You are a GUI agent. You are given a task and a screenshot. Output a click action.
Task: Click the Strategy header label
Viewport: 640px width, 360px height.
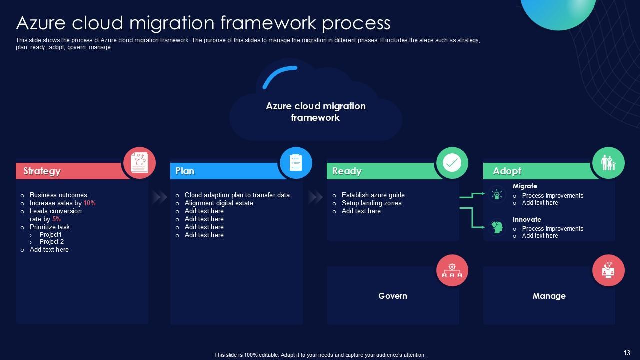[x=42, y=171]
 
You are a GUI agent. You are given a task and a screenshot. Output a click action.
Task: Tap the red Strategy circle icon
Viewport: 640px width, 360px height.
[x=139, y=163]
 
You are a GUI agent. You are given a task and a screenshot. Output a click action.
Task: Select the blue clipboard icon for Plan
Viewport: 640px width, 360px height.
[x=296, y=163]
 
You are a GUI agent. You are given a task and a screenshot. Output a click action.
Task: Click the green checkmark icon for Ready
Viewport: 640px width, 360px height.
[x=452, y=163]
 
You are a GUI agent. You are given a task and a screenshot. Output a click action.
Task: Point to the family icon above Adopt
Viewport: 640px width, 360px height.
[x=608, y=163]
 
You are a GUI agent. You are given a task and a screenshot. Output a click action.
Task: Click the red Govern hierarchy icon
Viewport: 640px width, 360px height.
[x=452, y=270]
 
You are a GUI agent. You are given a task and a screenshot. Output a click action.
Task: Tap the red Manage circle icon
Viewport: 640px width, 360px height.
[x=608, y=270]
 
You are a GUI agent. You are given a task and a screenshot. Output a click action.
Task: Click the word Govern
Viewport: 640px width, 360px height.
[x=393, y=296]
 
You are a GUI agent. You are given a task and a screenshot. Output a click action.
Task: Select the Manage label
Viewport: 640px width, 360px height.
[x=549, y=296]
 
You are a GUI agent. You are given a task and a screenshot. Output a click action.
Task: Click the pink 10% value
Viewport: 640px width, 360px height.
[x=89, y=203]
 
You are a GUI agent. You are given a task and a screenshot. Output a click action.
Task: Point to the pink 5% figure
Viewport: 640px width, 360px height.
[x=56, y=219]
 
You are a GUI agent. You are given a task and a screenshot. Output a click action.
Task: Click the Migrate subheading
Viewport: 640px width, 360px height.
[x=525, y=186]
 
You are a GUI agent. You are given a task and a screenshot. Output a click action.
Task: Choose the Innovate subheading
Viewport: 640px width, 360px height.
[x=527, y=219]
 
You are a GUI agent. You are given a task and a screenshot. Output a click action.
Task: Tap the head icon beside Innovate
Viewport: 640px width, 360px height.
[x=497, y=227]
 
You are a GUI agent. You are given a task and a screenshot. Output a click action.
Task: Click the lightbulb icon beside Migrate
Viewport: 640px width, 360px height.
[x=497, y=194]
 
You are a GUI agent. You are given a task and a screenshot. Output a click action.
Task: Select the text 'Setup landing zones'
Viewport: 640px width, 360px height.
[x=371, y=203]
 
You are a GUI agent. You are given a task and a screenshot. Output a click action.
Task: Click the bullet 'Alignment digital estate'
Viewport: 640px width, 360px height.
[x=219, y=203]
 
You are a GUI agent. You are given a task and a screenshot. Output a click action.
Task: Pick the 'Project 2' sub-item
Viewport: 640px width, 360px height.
[x=52, y=242]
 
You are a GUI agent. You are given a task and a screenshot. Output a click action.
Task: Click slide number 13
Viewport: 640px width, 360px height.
[x=627, y=353]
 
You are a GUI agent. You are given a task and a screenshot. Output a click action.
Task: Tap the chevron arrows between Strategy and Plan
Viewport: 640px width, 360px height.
[x=159, y=197]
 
